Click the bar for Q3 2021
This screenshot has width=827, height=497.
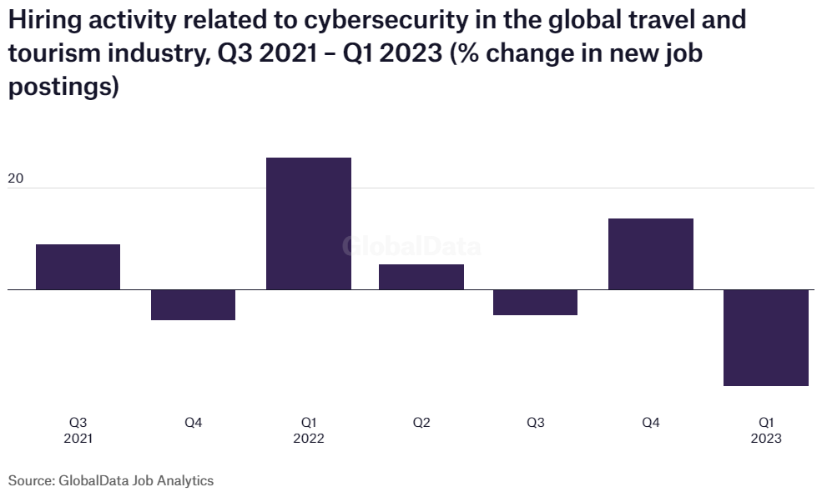[x=78, y=267]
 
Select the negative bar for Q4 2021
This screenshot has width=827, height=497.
[x=193, y=305]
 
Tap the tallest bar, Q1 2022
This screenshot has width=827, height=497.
[x=308, y=223]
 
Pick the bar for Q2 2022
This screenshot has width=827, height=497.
[x=421, y=277]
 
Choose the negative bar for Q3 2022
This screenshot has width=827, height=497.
[x=535, y=303]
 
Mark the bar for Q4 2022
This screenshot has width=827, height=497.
[x=650, y=254]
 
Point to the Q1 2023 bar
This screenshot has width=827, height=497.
[x=765, y=338]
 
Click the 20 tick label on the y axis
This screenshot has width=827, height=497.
[x=17, y=178]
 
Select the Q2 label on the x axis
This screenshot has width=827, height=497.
[x=421, y=423]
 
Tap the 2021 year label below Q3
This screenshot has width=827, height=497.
[x=78, y=439]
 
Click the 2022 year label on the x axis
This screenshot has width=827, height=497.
[x=308, y=439]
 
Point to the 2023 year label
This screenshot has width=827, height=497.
[x=765, y=439]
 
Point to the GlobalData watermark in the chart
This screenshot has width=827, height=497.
[x=412, y=247]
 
